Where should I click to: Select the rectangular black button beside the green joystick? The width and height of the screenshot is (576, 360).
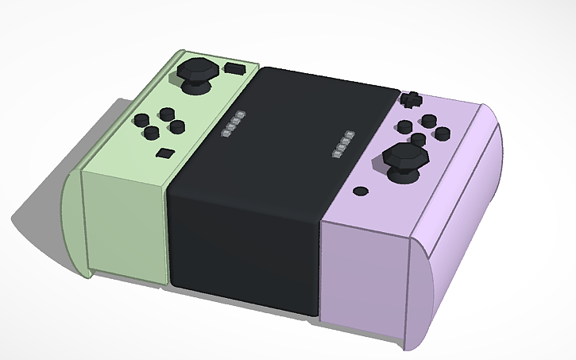click(x=234, y=68)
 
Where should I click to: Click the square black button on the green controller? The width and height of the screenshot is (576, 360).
click(x=164, y=153)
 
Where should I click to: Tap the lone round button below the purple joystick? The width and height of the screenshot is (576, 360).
click(x=361, y=191)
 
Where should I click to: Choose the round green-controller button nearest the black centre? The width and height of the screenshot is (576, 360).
click(x=178, y=126)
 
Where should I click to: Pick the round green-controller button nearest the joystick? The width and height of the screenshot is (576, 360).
click(x=167, y=114)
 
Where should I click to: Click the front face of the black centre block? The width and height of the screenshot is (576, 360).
click(x=242, y=246)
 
